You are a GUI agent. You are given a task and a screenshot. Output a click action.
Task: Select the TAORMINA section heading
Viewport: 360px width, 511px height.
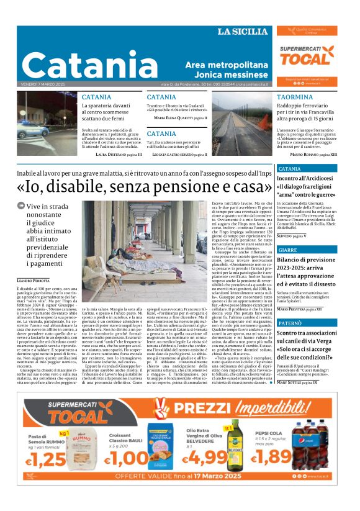coord(295,97)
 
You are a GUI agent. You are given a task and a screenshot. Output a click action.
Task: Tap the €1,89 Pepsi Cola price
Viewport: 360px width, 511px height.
coord(272,458)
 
